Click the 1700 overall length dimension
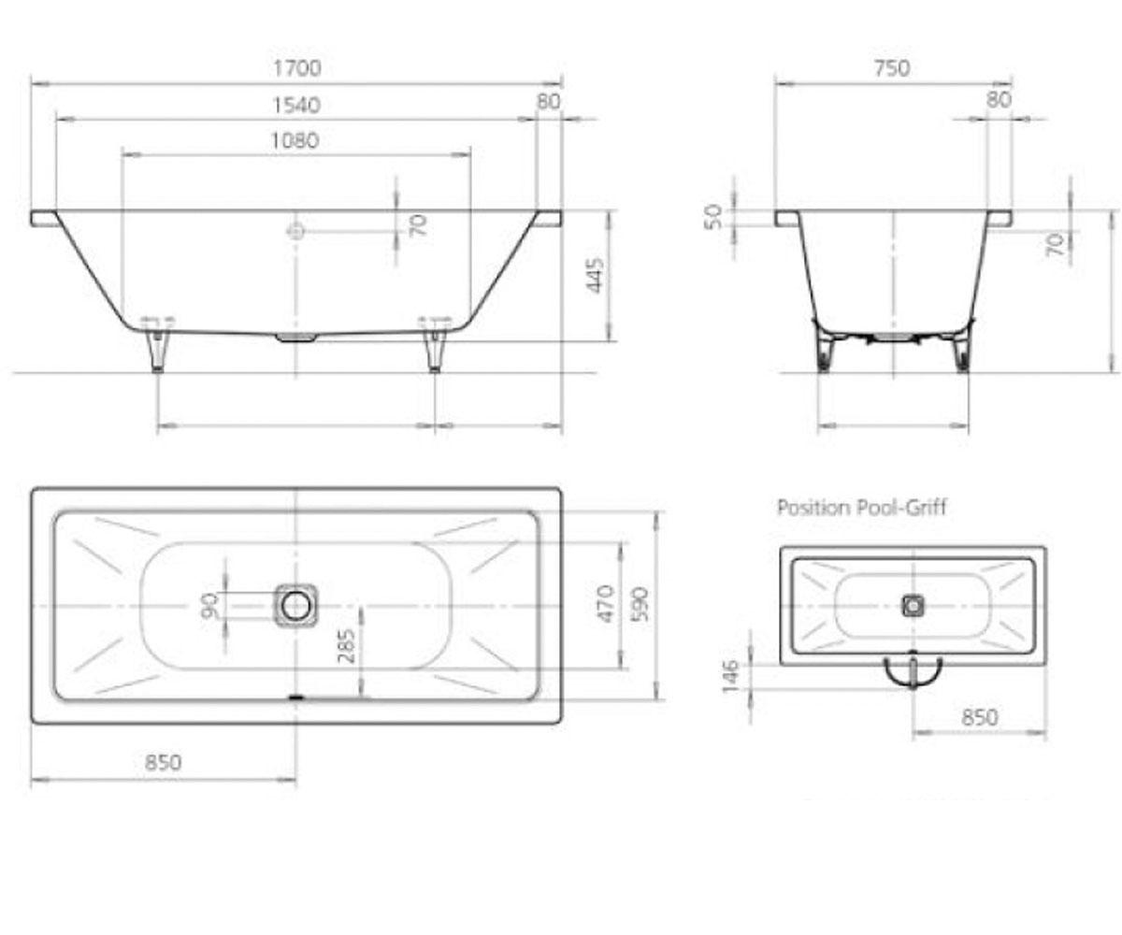tap(296, 68)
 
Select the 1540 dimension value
tap(296, 105)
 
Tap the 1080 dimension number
tap(295, 141)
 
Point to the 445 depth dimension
tap(596, 276)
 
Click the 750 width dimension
tap(892, 68)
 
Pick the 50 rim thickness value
tap(713, 216)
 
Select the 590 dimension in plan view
tap(640, 605)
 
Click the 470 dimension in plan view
tap(606, 604)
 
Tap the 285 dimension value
tap(348, 646)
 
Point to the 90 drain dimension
tap(209, 605)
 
